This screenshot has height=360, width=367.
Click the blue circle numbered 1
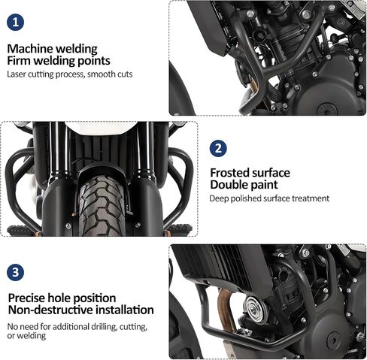click(x=15, y=23)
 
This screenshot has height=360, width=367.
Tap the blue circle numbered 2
click(x=218, y=149)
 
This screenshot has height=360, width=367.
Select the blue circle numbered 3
click(x=16, y=272)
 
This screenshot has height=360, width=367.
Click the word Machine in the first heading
click(x=30, y=49)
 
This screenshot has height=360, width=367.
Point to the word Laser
click(x=17, y=74)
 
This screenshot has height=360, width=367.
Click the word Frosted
click(x=229, y=173)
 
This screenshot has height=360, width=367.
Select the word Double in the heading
click(x=229, y=185)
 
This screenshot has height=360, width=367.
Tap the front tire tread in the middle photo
click(x=102, y=206)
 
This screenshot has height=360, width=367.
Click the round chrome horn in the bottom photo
click(x=255, y=307)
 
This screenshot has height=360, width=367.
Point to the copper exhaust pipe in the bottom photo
click(x=227, y=310)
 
